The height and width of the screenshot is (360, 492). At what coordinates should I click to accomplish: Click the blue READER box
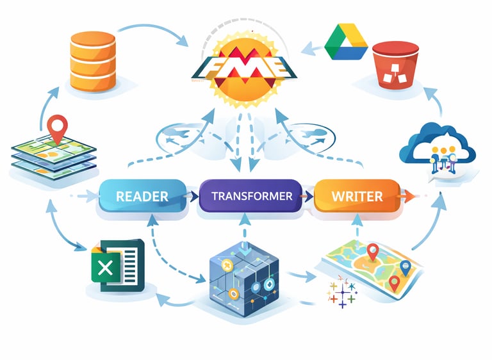tap(142, 196)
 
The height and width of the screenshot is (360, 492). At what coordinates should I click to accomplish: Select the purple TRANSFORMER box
tap(252, 196)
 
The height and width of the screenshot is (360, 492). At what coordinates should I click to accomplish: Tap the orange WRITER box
tap(356, 196)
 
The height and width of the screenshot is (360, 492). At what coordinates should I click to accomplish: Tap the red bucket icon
tap(394, 65)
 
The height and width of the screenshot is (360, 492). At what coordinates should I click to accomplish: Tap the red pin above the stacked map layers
tap(58, 127)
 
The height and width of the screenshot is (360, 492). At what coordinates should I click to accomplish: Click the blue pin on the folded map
tap(405, 267)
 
